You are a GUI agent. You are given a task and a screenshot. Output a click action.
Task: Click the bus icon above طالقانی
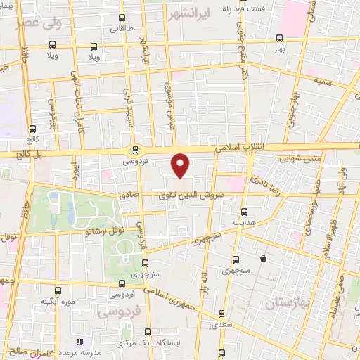tap(122, 18)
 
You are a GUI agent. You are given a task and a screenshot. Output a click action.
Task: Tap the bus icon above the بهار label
tap(280, 39)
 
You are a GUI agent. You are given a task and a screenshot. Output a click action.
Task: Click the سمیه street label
tap(323, 83)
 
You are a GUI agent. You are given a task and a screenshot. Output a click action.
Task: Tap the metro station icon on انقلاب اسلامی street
tap(134, 149)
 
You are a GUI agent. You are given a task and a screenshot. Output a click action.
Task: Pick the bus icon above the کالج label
tap(32, 129)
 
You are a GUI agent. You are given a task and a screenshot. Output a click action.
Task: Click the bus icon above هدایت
tap(245, 211)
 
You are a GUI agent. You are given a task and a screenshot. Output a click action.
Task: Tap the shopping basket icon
tap(263, 258)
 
